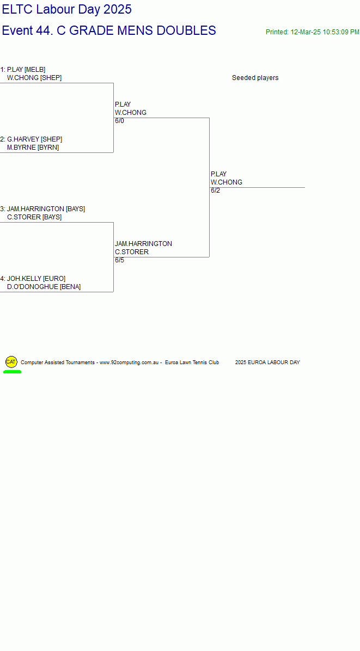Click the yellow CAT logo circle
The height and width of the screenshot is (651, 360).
click(x=11, y=362)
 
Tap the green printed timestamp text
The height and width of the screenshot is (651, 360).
click(x=313, y=32)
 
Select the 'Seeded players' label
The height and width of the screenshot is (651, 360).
click(x=255, y=78)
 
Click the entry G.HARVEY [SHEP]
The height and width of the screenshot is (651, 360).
click(x=34, y=139)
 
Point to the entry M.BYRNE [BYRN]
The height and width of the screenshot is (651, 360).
click(x=33, y=148)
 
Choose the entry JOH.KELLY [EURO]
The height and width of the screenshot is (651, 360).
click(x=36, y=279)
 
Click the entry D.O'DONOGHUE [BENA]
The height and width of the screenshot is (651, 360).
click(x=44, y=287)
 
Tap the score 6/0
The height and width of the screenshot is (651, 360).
click(x=120, y=121)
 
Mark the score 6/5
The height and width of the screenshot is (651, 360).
click(x=120, y=260)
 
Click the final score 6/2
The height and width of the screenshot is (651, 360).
click(x=216, y=191)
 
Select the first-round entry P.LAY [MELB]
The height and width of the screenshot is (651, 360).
click(x=26, y=70)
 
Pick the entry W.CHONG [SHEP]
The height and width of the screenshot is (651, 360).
click(x=34, y=78)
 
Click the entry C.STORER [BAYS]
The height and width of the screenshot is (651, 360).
click(x=34, y=217)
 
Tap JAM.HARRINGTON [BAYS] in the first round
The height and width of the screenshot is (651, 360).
click(x=46, y=209)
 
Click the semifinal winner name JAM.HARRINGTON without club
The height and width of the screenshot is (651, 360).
click(x=143, y=244)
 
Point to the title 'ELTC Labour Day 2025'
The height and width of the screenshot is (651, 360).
click(x=67, y=9)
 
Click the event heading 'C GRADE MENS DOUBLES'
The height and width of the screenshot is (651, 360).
click(x=136, y=30)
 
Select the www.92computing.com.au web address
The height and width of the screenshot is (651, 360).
click(x=129, y=363)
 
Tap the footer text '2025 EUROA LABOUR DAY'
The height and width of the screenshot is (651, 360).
click(x=267, y=363)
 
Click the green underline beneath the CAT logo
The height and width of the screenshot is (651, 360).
click(x=12, y=372)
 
